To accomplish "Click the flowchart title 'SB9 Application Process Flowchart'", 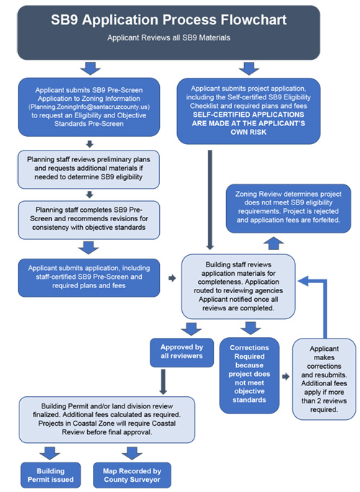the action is [x=168, y=19].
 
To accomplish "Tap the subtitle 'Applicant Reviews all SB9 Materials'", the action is [x=168, y=37].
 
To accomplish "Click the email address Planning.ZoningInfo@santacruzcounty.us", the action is [x=89, y=107].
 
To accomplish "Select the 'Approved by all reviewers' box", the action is [x=182, y=352].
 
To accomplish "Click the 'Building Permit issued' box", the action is [x=51, y=475].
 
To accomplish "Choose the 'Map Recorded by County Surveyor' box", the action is [x=132, y=475].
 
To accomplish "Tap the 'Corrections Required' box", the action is [x=249, y=375].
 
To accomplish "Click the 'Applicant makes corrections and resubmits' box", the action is [x=324, y=379].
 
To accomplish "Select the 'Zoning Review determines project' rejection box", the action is [x=289, y=208].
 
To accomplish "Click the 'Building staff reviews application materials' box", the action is [x=238, y=286].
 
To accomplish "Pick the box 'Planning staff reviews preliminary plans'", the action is [x=89, y=169].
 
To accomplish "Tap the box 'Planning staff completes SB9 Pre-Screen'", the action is [x=89, y=220].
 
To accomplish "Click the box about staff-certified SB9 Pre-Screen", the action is [x=89, y=277].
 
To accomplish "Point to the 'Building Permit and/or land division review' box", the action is [x=107, y=419].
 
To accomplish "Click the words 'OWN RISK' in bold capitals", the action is [x=248, y=132].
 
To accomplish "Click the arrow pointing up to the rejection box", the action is [x=274, y=243].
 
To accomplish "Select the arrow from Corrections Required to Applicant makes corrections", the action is [x=286, y=377].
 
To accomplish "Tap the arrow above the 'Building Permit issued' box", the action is [x=50, y=453].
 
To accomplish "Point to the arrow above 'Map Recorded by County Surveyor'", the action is [x=132, y=453].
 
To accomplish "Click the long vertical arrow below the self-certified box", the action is [x=210, y=200].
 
